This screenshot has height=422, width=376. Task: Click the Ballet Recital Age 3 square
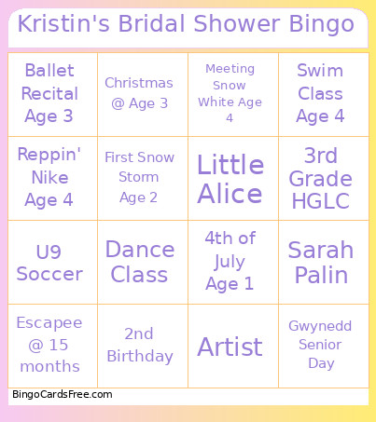click(49, 94)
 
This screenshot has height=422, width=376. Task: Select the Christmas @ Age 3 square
click(139, 94)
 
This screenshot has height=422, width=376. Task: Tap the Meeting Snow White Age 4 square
click(230, 94)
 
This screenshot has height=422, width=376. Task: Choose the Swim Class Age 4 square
click(320, 94)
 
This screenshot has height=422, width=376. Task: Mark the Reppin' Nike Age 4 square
click(49, 178)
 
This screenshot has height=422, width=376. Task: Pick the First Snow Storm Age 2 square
click(139, 178)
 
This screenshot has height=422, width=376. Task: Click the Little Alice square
click(230, 178)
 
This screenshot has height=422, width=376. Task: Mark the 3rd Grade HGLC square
click(320, 178)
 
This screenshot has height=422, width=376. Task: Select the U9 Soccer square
click(49, 262)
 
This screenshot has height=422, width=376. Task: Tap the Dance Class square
click(139, 262)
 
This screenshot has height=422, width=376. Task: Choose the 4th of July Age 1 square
click(230, 262)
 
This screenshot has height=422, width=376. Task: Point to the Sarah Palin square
click(320, 262)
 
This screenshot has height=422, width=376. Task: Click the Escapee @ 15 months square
click(49, 346)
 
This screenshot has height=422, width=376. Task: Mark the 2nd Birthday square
click(139, 346)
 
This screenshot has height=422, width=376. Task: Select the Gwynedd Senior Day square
click(320, 346)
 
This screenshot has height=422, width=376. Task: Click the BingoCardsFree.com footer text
click(63, 395)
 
